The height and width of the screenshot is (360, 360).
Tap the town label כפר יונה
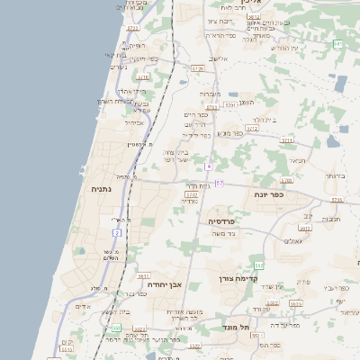269,193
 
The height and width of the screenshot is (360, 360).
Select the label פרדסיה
222,220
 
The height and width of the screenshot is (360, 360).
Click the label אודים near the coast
83,306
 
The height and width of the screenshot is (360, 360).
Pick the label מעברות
210,94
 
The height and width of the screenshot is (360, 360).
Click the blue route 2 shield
117,232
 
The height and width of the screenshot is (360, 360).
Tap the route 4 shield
208,166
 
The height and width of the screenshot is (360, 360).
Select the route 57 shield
220,183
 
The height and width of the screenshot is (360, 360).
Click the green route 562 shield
259,265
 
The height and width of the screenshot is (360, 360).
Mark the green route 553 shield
116,328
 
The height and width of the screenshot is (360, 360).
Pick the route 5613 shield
142,276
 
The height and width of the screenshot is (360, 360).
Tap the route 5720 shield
198,67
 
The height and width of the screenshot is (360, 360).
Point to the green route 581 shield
337,43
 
